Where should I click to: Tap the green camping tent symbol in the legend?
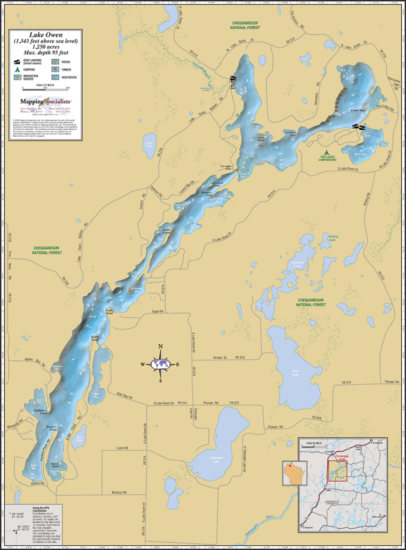(17, 69)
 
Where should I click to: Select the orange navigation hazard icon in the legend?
(17, 77)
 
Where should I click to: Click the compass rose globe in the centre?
(160, 364)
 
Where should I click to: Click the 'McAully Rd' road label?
(121, 492)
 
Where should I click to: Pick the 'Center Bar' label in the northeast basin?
(357, 111)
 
